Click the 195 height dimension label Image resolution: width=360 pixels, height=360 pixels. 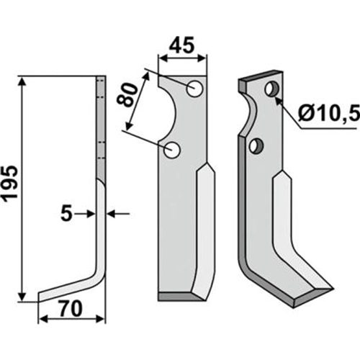(10, 183)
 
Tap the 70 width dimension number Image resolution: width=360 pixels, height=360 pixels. (71, 309)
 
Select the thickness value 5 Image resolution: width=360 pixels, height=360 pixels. (66, 214)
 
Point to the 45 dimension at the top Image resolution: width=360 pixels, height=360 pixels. (182, 45)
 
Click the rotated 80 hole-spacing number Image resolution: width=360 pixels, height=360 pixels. (127, 95)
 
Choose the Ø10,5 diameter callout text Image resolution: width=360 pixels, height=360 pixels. (329, 113)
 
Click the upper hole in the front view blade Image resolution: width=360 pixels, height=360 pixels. (194, 89)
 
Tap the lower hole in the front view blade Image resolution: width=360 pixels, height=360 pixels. (171, 150)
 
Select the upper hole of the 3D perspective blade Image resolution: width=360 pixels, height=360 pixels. (272, 89)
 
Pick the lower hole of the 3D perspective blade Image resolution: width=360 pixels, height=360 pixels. (256, 145)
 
